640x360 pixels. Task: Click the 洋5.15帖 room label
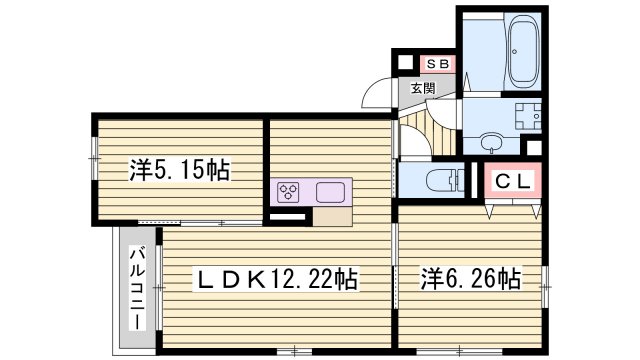(178, 171)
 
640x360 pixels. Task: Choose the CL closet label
(513, 182)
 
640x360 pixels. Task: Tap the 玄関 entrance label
(422, 88)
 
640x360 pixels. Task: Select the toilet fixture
(440, 182)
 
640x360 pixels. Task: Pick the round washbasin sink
(492, 141)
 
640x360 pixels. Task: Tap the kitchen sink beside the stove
(330, 192)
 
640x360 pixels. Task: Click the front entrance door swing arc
(378, 96)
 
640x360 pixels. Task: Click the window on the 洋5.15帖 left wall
(94, 152)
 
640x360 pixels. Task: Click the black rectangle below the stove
(287, 213)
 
